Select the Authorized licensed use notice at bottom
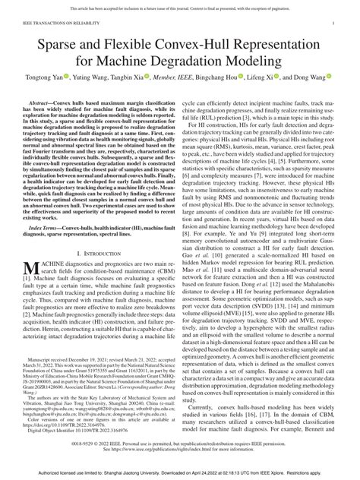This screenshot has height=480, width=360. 180,472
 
